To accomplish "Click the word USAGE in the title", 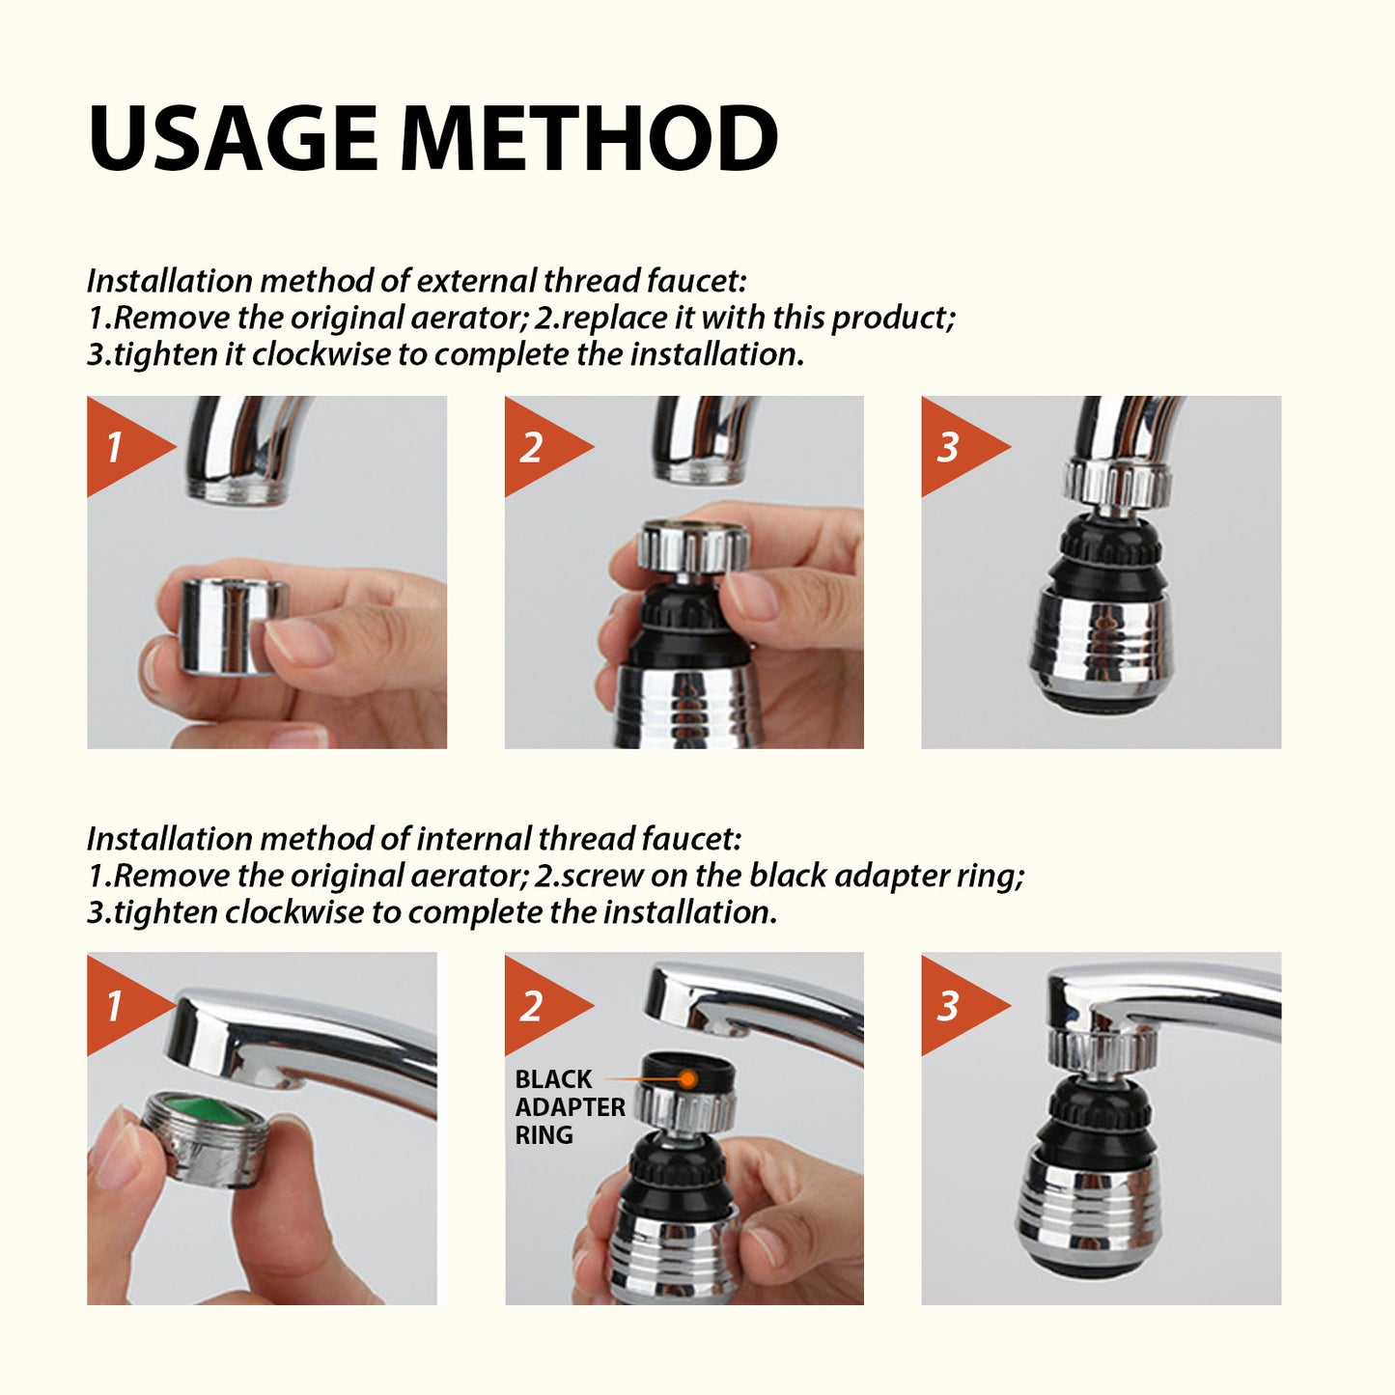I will pos(232,138).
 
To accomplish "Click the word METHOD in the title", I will pos(588,138).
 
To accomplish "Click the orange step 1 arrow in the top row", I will pos(121,447).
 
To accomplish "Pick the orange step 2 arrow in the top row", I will pos(538,447).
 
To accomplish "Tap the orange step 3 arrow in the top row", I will pos(955,447).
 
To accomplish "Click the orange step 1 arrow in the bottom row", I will pos(121,1005).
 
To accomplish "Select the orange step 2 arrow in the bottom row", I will pos(538,1005).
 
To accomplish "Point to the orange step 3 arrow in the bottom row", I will pos(955,1005).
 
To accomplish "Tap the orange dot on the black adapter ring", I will pos(687,1078).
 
